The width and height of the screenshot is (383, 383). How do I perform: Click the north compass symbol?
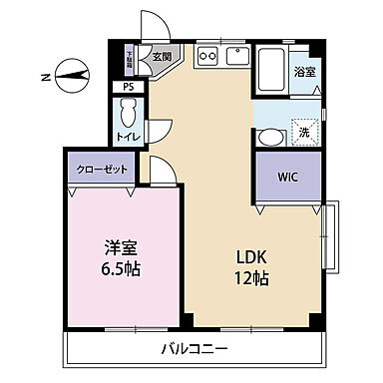click(x=69, y=72)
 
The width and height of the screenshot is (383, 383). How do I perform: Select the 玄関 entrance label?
click(x=162, y=56)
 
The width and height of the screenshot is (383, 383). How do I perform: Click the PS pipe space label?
click(x=127, y=87)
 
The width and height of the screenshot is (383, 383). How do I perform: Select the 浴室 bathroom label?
click(x=305, y=71)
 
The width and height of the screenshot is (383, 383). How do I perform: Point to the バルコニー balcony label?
click(x=193, y=350)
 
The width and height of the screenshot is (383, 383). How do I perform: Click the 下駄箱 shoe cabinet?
click(x=131, y=59)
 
